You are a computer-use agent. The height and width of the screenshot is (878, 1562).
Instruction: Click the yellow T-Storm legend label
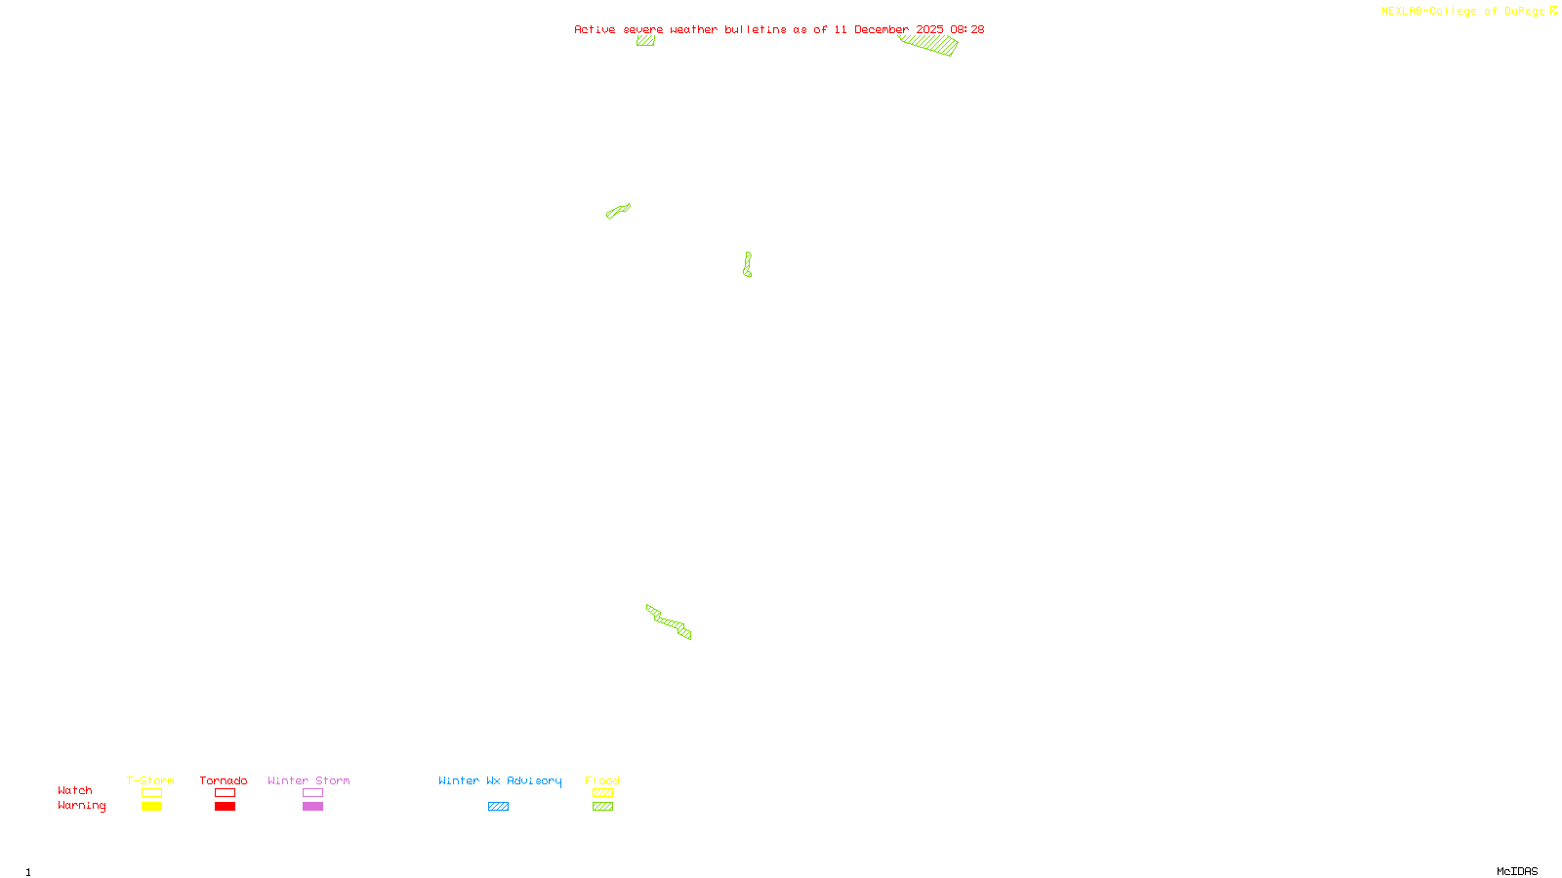[150, 780]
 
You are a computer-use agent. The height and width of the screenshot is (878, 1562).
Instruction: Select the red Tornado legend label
[224, 780]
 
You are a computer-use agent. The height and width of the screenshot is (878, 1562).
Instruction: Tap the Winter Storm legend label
[308, 780]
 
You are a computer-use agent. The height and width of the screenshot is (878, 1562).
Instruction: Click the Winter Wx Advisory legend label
[500, 780]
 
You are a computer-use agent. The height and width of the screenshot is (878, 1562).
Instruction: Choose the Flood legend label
[602, 780]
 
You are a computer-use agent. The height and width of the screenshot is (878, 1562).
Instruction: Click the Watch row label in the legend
[75, 790]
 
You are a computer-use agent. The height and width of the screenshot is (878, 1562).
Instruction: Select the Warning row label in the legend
[82, 806]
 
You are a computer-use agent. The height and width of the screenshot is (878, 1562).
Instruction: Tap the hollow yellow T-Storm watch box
[151, 793]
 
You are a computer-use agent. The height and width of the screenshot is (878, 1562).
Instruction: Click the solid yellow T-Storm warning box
[151, 807]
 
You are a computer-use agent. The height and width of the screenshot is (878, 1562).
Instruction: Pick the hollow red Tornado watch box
[225, 793]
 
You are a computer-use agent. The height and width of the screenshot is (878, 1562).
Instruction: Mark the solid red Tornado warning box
[225, 807]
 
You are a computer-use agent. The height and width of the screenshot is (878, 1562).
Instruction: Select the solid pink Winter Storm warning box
[312, 807]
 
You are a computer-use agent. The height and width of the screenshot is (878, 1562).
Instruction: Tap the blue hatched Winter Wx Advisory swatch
[498, 807]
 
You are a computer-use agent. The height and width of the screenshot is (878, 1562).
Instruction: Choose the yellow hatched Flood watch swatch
[602, 793]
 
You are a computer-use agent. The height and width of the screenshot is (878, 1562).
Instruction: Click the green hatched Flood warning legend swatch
[602, 807]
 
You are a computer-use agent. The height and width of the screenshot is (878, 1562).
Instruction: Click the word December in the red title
[882, 29]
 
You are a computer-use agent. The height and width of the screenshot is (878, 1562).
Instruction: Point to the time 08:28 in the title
[966, 29]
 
